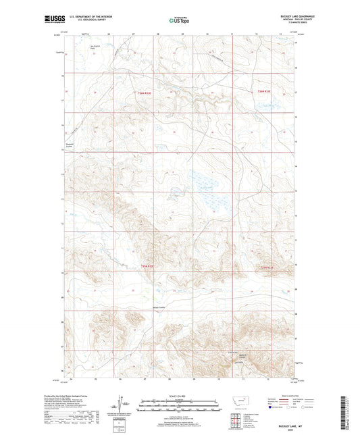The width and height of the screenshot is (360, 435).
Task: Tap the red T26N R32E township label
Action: (x=140, y=91)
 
